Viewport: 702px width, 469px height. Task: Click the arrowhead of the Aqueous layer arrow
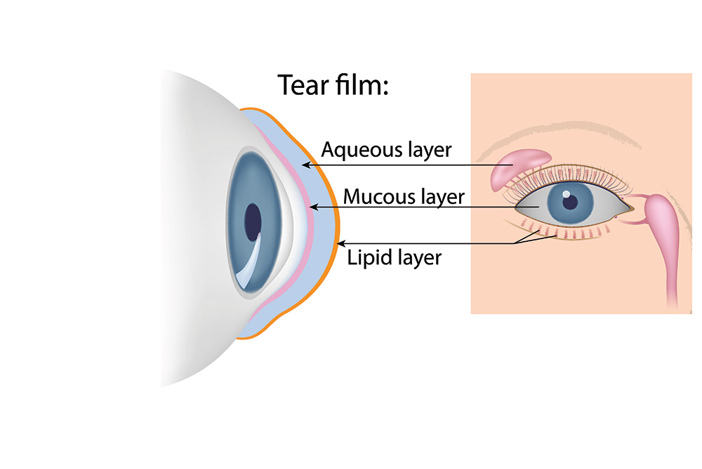point(306,165)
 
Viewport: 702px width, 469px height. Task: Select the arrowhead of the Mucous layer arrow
point(314,207)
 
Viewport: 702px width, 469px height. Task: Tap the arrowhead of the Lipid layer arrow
point(341,243)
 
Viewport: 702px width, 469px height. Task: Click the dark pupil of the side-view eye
point(253,222)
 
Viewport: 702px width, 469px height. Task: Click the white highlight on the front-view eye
point(567,194)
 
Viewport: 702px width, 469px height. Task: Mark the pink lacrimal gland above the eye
point(519,169)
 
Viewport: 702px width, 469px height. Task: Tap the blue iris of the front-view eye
point(570,203)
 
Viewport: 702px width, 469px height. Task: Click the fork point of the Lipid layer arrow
point(515,243)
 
